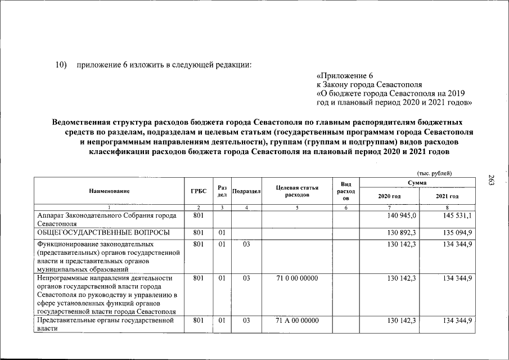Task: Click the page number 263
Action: [491, 181]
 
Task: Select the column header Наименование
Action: [109, 191]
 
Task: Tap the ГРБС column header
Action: [199, 191]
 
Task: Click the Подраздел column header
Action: [246, 191]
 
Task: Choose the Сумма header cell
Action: [417, 183]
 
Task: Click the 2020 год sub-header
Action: [389, 196]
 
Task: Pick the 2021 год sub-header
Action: [447, 196]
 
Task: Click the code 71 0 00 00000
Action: [297, 278]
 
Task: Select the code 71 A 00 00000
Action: [297, 320]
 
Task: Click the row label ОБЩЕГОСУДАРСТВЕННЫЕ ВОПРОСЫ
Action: [103, 232]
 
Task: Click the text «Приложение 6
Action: [345, 75]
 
